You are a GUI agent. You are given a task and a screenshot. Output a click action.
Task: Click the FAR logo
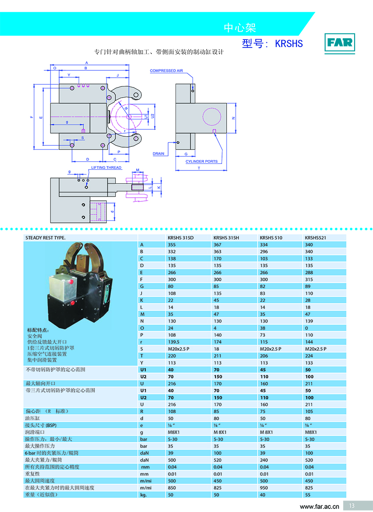pos(340,43)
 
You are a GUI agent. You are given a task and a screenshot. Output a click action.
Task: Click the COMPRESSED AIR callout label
pos(166,70)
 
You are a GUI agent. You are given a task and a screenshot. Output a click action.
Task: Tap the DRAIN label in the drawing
pos(158,153)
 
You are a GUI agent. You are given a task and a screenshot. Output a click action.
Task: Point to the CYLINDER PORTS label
pos(201,161)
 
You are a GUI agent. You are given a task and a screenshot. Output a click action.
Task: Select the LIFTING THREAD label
pos(106,167)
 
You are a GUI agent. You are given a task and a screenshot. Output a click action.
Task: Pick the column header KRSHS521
pos(315,238)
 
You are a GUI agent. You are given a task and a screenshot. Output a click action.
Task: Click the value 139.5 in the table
pos(173,342)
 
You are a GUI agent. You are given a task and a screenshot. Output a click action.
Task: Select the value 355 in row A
pos(172,244)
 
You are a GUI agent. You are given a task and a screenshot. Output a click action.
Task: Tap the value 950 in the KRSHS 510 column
pos(264,488)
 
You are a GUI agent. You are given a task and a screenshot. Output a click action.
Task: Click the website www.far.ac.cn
pos(319,506)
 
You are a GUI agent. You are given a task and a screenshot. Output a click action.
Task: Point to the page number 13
pos(351,506)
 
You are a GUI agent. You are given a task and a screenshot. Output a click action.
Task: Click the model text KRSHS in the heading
pos(289,44)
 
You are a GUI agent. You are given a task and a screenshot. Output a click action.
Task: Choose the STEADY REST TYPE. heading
pos(46,238)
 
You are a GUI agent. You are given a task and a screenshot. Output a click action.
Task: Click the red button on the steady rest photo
pos(72,303)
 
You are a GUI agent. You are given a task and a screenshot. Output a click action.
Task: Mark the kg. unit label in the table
pos(143,495)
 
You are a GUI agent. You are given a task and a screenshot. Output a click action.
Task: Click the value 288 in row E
pos(309,272)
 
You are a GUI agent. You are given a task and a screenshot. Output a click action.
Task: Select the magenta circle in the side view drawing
pos(212,117)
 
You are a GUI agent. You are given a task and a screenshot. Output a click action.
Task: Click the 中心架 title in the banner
pos(240,28)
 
